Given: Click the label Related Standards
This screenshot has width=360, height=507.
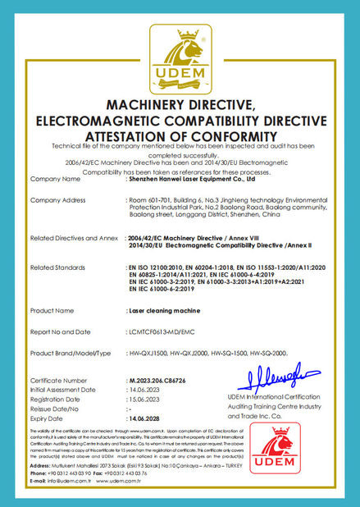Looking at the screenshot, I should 57,267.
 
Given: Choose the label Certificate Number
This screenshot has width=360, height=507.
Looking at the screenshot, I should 58,381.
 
